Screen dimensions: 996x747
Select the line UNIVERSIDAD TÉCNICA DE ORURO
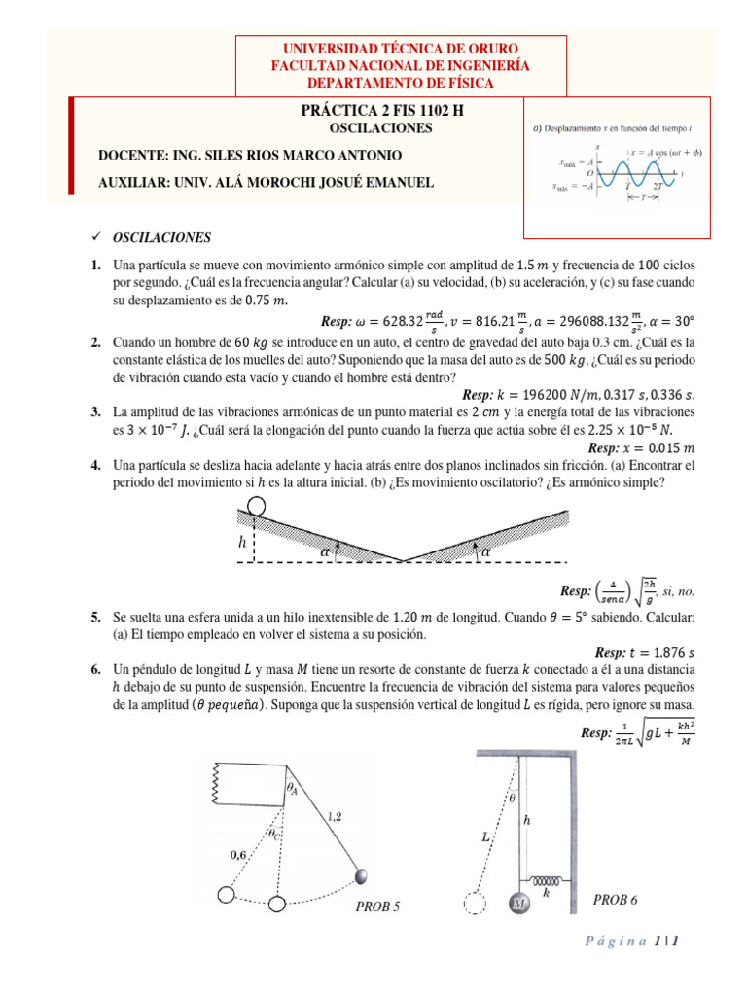400,49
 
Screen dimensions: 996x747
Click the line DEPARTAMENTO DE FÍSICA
400,82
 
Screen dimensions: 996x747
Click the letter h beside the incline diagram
242,542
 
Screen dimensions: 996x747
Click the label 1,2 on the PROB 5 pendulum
335,818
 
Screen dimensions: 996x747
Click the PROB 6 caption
615,900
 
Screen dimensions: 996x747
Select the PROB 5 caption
377,907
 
